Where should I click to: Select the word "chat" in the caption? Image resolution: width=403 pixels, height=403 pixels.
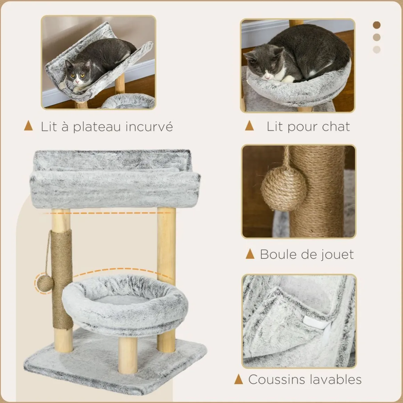tap(336, 126)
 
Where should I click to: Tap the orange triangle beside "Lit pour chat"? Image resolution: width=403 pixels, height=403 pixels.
tap(249, 126)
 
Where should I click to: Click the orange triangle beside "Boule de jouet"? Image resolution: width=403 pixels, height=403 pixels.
tap(250, 254)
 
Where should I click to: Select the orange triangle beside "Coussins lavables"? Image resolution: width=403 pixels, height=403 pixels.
tap(239, 379)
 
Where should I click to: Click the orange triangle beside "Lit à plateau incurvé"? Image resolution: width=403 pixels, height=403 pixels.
tap(28, 126)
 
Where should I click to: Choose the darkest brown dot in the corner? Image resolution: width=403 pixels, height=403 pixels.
tap(377, 25)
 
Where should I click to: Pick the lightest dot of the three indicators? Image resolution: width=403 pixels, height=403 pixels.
tap(377, 50)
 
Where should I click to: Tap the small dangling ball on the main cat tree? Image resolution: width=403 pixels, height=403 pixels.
tap(45, 283)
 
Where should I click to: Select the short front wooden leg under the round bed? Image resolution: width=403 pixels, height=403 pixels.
tap(128, 355)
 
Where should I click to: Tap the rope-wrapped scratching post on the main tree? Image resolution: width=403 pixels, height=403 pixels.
tap(62, 279)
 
